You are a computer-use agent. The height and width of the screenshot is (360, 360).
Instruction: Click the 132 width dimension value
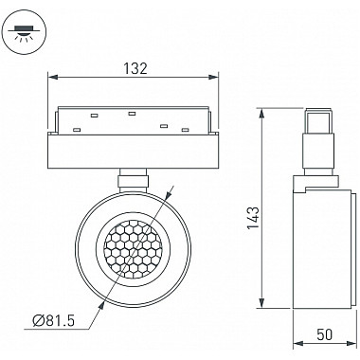tap(135, 68)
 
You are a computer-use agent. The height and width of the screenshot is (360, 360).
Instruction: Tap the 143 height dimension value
tap(253, 218)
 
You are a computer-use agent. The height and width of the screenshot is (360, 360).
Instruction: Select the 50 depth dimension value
tap(324, 334)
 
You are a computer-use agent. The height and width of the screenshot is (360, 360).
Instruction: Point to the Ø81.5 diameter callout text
tap(54, 321)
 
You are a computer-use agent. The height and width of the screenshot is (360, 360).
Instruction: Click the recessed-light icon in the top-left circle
tap(24, 33)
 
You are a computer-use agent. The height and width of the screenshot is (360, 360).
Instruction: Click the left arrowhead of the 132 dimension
tap(52, 77)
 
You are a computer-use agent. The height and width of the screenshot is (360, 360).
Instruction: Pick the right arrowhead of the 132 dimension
tap(213, 77)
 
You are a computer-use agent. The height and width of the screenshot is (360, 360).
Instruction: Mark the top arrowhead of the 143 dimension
tap(261, 114)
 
